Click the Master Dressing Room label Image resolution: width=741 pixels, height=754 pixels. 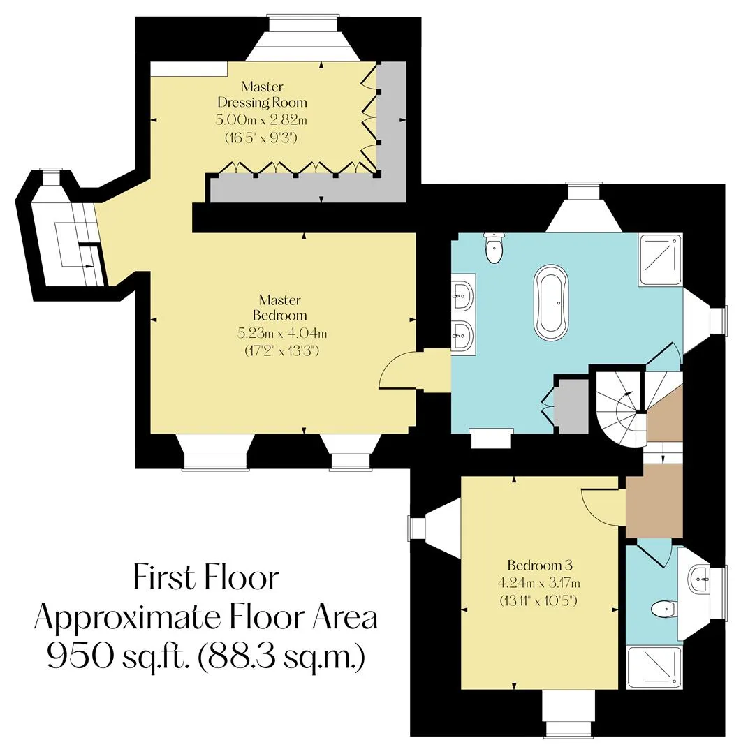pos(262,94)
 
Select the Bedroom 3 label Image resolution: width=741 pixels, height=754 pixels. pos(540,565)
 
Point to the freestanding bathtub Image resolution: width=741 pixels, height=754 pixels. pos(552,303)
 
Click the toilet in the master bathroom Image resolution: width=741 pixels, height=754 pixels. pos(494,247)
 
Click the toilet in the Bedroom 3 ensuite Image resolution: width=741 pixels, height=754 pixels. pos(663,609)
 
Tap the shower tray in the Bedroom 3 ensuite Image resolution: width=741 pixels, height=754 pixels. pos(654,667)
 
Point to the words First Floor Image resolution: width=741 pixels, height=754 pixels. pos(206,577)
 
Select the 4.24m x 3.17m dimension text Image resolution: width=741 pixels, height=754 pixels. pos(539,583)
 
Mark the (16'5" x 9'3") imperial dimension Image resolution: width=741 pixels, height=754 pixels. pos(261,138)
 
